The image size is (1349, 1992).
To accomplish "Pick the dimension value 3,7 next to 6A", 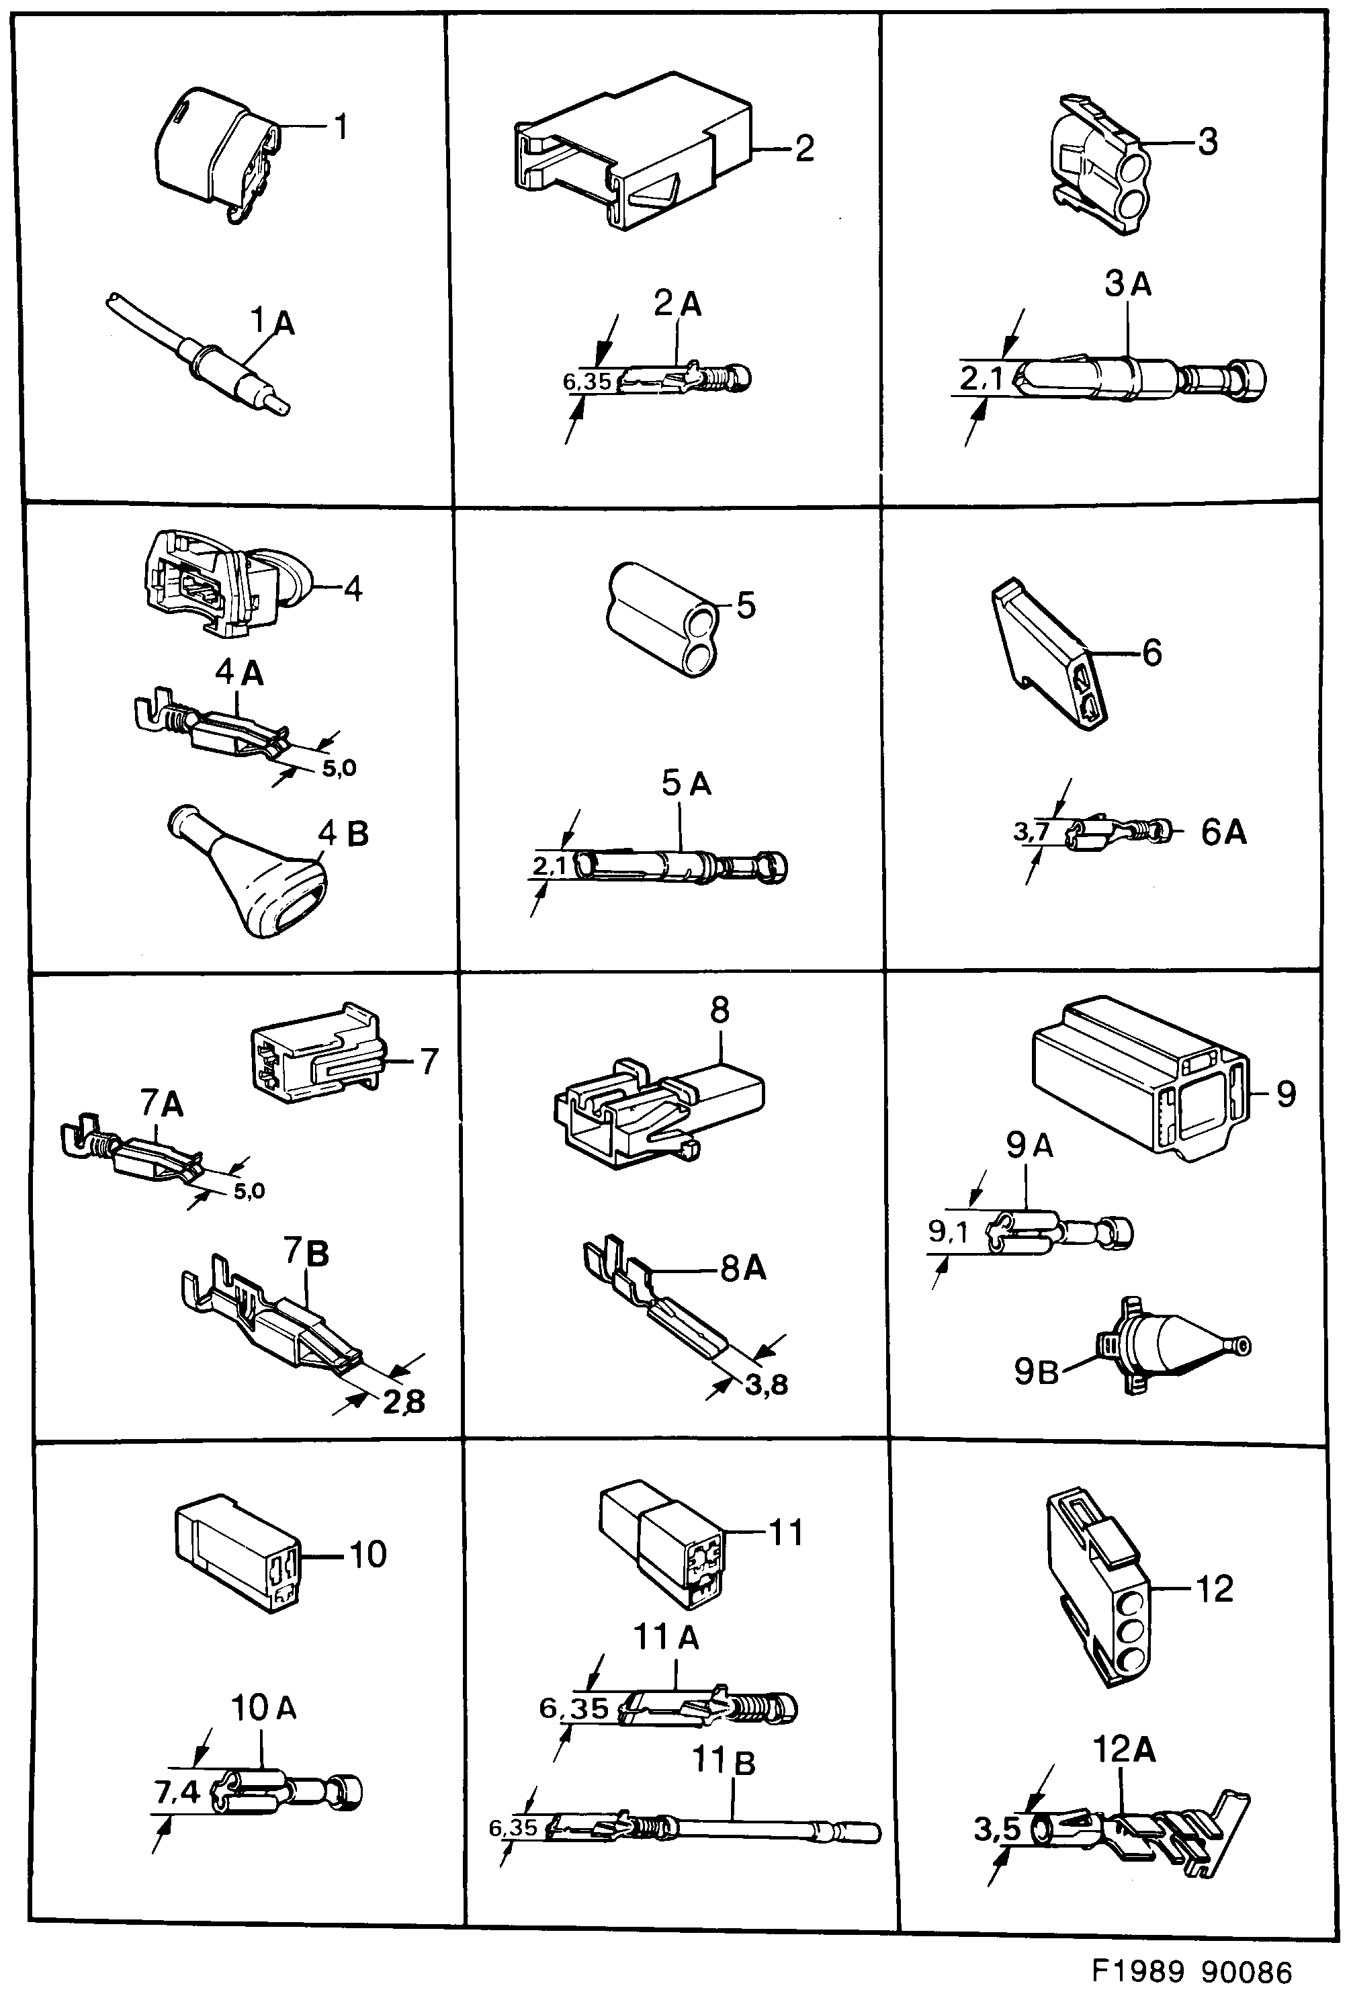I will (x=1031, y=830).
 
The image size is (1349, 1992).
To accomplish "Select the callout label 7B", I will (x=306, y=1253).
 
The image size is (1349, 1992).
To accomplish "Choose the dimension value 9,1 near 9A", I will (x=948, y=1231).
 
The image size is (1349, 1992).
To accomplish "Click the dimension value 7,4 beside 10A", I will (x=177, y=1791).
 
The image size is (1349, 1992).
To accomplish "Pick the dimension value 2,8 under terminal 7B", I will (x=404, y=1402).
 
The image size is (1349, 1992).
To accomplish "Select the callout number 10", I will (x=367, y=1554).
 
